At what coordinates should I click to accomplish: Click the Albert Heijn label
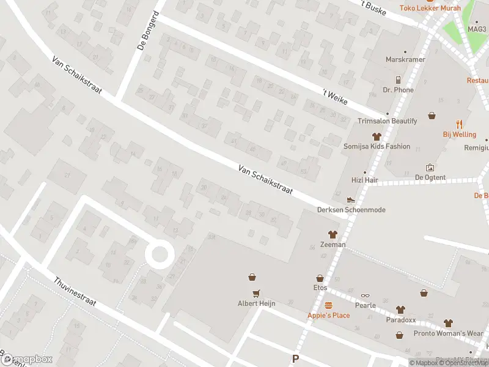pos(256,303)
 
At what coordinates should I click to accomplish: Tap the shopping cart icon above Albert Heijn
pos(256,292)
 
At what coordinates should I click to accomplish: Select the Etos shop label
pos(320,287)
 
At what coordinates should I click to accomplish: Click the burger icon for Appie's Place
pos(328,305)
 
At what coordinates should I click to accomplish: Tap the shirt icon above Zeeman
pos(333,234)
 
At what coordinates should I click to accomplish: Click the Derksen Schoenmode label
pos(351,210)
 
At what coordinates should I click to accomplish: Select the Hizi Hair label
pos(366,180)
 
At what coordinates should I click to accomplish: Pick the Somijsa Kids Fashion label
pos(377,147)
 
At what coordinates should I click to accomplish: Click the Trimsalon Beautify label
pos(387,121)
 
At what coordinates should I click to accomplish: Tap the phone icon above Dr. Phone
pos(398,80)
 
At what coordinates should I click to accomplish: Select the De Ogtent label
pos(430,177)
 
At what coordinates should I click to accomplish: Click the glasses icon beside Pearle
pos(365,296)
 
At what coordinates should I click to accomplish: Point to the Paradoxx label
pos(400,319)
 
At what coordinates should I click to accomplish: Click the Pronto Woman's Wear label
pos(449,333)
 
